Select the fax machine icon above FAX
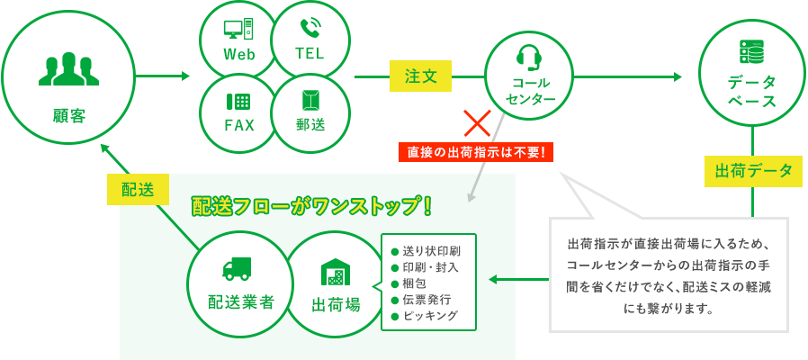click(238, 102)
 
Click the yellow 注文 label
click(420, 77)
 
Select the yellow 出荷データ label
click(753, 171)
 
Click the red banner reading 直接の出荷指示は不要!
click(476, 152)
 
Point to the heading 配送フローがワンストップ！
click(312, 206)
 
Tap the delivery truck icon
click(236, 268)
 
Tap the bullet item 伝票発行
click(426, 299)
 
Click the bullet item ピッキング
click(430, 315)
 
